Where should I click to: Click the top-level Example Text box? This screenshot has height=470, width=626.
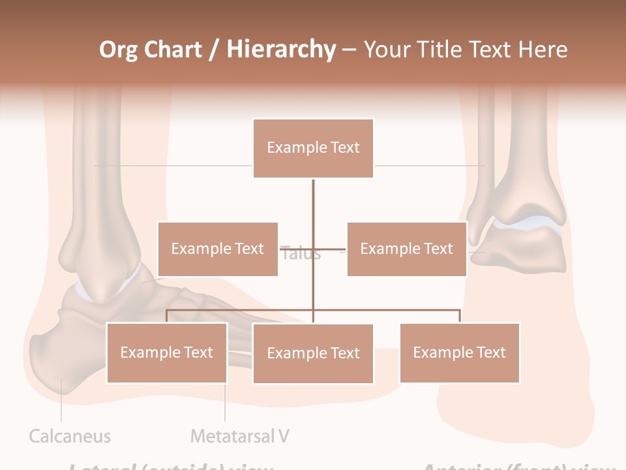click(x=313, y=148)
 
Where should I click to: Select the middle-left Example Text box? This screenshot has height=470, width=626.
click(x=218, y=249)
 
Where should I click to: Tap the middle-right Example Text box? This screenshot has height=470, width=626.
click(x=406, y=249)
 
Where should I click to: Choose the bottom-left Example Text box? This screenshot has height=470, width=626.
click(x=166, y=352)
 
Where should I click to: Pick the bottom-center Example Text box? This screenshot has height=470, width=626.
click(x=313, y=353)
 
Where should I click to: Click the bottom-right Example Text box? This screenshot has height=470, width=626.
click(x=459, y=352)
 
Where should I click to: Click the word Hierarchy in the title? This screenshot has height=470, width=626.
click(x=281, y=50)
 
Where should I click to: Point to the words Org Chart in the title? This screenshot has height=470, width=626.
click(x=151, y=50)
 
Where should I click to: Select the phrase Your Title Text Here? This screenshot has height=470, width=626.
click(x=465, y=50)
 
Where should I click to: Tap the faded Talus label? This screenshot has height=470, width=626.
click(x=301, y=254)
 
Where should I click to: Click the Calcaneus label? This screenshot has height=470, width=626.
click(x=70, y=436)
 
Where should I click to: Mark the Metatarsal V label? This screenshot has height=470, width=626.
click(x=239, y=436)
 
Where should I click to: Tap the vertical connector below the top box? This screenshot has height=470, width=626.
click(x=313, y=209)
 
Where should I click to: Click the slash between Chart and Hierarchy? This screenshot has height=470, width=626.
click(x=214, y=50)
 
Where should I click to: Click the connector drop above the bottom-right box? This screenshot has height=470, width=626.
click(x=459, y=316)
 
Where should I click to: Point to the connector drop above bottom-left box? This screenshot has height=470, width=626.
click(x=166, y=316)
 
